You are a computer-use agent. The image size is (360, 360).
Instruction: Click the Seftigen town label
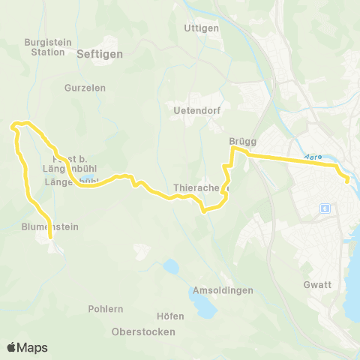click(100, 54)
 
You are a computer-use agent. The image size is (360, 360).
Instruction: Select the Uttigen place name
click(200, 28)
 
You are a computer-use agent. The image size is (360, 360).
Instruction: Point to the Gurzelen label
click(85, 88)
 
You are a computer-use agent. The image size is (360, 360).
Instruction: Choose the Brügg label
click(244, 140)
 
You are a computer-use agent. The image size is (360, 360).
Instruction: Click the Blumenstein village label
click(50, 226)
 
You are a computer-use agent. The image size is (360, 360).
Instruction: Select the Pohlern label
click(110, 308)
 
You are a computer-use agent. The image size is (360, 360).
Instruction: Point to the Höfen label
click(171, 316)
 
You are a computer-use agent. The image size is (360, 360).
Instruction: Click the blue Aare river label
click(313, 157)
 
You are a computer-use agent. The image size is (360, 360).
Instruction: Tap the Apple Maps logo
click(27, 347)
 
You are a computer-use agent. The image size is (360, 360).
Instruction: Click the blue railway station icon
click(324, 208)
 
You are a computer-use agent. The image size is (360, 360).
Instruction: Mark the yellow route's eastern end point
click(346, 180)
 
